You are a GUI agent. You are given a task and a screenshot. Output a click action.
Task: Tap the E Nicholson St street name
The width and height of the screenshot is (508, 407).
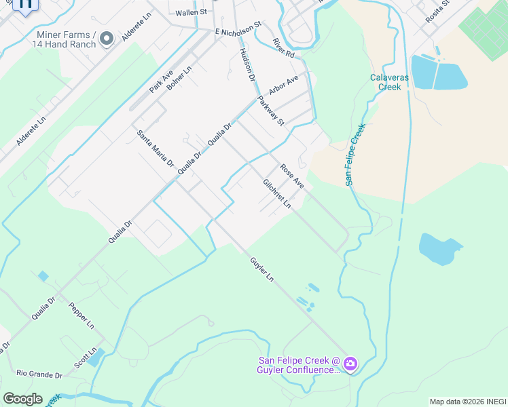pyautogui.click(x=238, y=29)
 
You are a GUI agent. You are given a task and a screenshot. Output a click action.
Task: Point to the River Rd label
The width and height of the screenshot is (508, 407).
pyautogui.click(x=283, y=47)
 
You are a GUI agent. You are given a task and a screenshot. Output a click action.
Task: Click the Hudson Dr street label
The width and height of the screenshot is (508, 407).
pyautogui.click(x=247, y=65)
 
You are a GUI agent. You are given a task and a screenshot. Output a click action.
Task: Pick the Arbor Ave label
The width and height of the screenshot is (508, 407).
pyautogui.click(x=284, y=85)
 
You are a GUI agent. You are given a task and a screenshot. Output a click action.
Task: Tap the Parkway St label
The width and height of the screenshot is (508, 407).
pyautogui.click(x=270, y=111)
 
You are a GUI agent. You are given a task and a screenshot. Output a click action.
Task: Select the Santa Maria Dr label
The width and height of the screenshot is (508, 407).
pyautogui.click(x=156, y=149)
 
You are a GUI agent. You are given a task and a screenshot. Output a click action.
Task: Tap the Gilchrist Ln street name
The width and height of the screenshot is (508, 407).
pyautogui.click(x=277, y=193)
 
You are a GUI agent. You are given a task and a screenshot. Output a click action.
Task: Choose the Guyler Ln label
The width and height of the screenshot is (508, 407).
pyautogui.click(x=261, y=269)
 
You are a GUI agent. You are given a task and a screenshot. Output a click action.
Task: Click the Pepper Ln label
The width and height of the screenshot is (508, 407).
pyautogui.click(x=81, y=315)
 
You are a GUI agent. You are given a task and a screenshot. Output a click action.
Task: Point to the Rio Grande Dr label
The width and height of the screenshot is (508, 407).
pyautogui.click(x=39, y=374)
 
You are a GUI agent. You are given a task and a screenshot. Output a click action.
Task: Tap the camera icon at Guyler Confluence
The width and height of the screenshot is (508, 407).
pyautogui.click(x=350, y=364)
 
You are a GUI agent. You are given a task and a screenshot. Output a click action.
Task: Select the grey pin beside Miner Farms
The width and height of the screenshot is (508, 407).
pyautogui.click(x=106, y=39)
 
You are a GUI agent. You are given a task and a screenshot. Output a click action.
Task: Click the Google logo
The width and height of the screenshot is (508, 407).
pyautogui.click(x=22, y=399)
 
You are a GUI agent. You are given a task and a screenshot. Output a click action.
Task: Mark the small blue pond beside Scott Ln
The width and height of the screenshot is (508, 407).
pyautogui.click(x=96, y=356)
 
